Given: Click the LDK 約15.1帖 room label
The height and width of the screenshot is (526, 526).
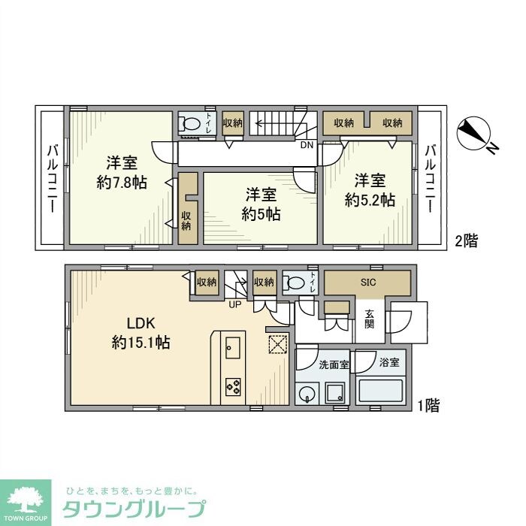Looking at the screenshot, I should pos(141,334).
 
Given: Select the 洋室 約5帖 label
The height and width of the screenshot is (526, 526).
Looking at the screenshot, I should pos(261,204).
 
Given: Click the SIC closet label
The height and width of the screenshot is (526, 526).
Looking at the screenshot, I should pos(367,283).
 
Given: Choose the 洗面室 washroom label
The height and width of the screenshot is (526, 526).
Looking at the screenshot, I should pos(334,364).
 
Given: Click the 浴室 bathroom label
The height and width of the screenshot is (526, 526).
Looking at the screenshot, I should pos(388,362).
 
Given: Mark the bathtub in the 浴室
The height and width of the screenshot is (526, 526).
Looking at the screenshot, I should pos(381,391).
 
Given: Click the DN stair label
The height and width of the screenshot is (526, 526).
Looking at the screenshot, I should pos(307,145).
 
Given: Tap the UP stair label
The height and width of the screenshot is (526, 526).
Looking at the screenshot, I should pos(235,304).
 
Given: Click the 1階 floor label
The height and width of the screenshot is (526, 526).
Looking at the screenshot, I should pos(428,406).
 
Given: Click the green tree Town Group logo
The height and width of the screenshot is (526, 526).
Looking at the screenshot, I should pos(26,500).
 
